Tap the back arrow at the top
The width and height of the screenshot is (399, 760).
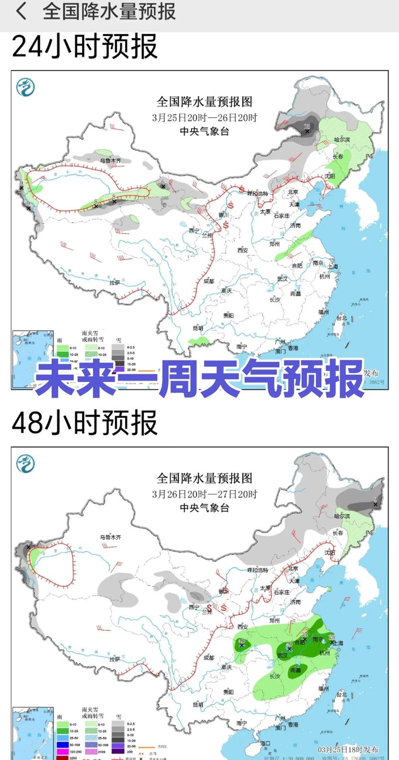21,11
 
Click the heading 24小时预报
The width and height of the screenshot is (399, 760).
84,47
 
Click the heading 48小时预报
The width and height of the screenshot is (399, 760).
84,423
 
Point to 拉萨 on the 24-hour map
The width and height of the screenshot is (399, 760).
115,282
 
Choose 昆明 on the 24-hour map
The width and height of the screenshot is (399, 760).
198,328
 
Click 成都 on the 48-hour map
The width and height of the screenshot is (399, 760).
208,658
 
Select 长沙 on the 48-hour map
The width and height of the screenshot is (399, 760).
275,677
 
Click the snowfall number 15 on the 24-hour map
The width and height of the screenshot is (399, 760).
307,127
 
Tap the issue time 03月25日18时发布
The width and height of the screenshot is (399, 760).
348,750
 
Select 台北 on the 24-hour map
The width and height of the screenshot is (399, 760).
341,317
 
